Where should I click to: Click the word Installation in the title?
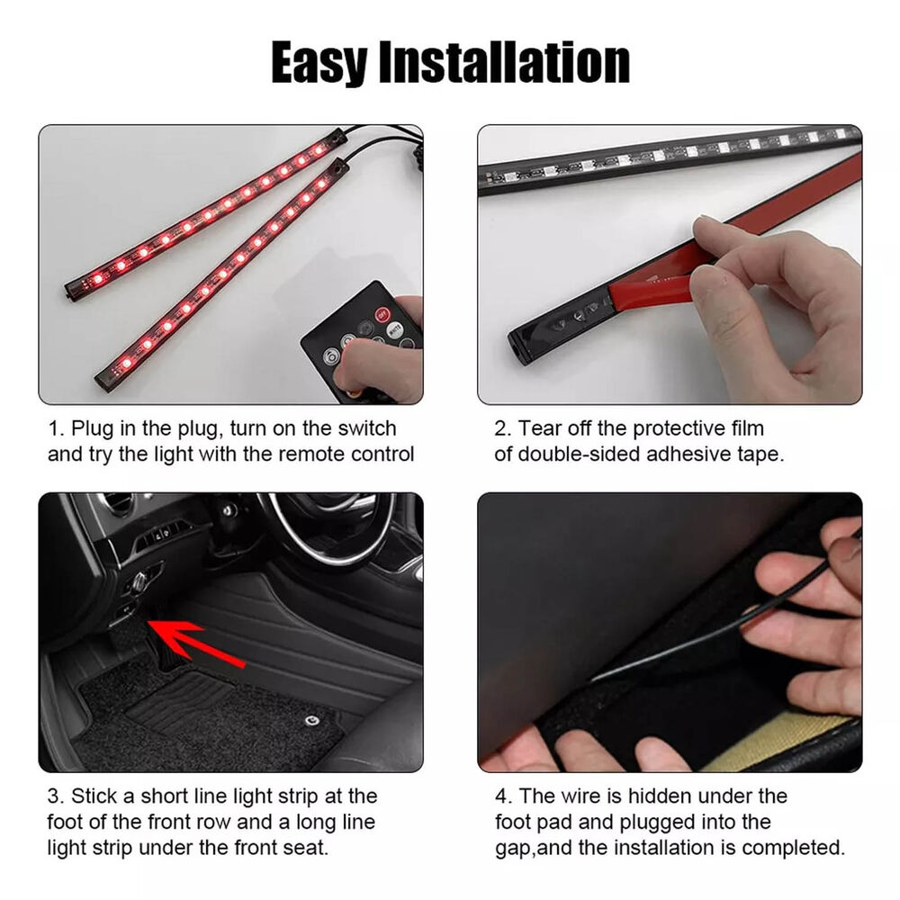(508, 62)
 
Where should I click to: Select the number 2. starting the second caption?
(502, 428)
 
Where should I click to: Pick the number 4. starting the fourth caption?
(502, 796)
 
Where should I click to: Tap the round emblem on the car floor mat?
(310, 720)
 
